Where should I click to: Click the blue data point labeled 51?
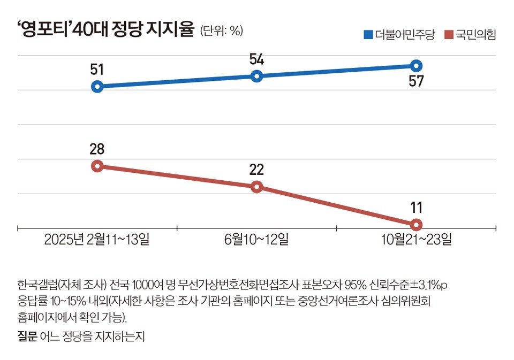[x=97, y=87]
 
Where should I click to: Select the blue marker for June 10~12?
[x=256, y=76]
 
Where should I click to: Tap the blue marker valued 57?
[x=416, y=66]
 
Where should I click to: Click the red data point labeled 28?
[x=97, y=166]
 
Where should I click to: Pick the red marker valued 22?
[x=256, y=187]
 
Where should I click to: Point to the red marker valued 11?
[x=416, y=224]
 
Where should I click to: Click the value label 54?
[x=256, y=59]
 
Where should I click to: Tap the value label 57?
[x=416, y=82]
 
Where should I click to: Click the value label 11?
[x=416, y=206]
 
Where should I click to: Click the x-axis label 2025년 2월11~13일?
[x=97, y=239]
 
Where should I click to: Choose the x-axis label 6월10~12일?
[x=256, y=239]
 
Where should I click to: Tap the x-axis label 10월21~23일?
[x=416, y=239]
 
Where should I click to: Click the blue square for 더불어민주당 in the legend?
[x=368, y=35]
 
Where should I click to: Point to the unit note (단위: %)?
[x=222, y=31]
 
